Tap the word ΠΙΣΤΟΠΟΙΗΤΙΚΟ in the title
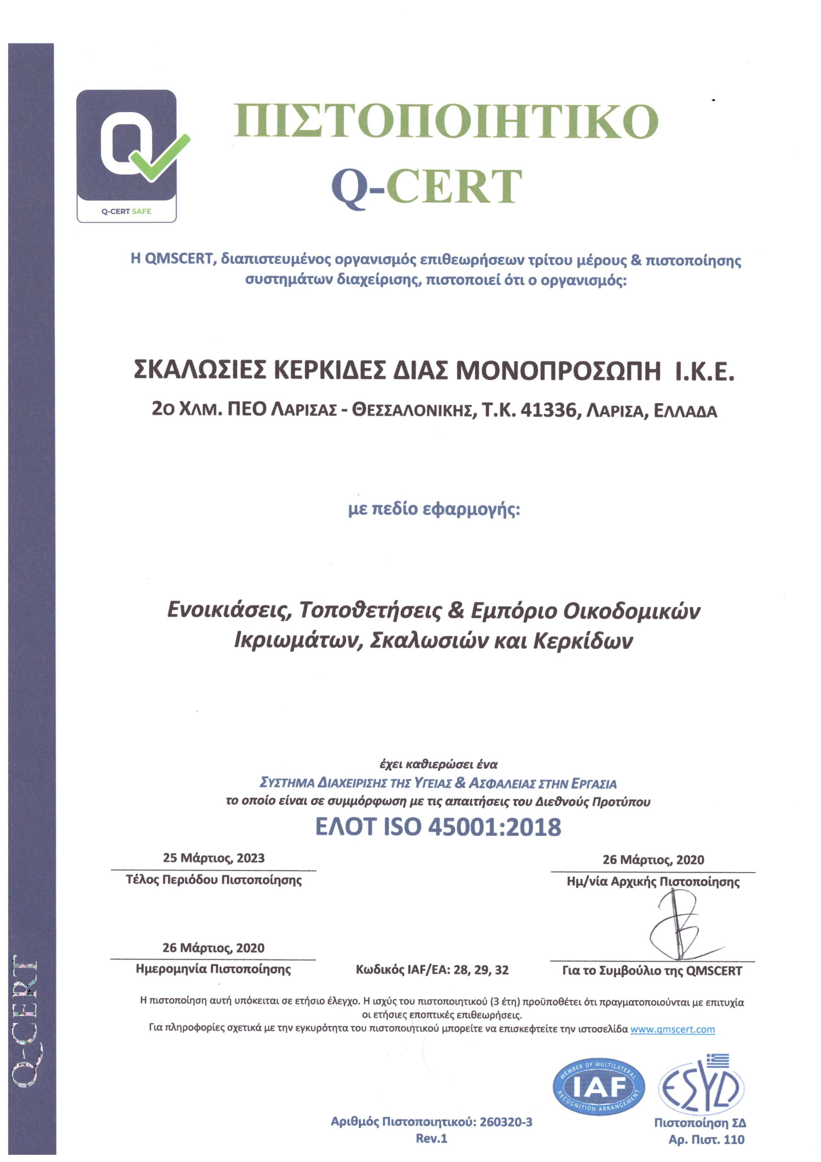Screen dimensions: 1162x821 [x=446, y=122]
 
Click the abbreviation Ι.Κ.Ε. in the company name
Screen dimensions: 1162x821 [x=705, y=372]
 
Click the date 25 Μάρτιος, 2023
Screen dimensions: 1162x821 [x=214, y=858]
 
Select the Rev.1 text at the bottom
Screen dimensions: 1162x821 [x=431, y=1139]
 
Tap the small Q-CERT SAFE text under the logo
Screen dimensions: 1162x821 [x=126, y=212]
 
